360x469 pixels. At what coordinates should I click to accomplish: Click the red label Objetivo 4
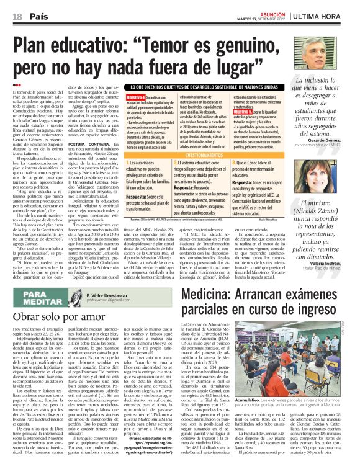(136, 98)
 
